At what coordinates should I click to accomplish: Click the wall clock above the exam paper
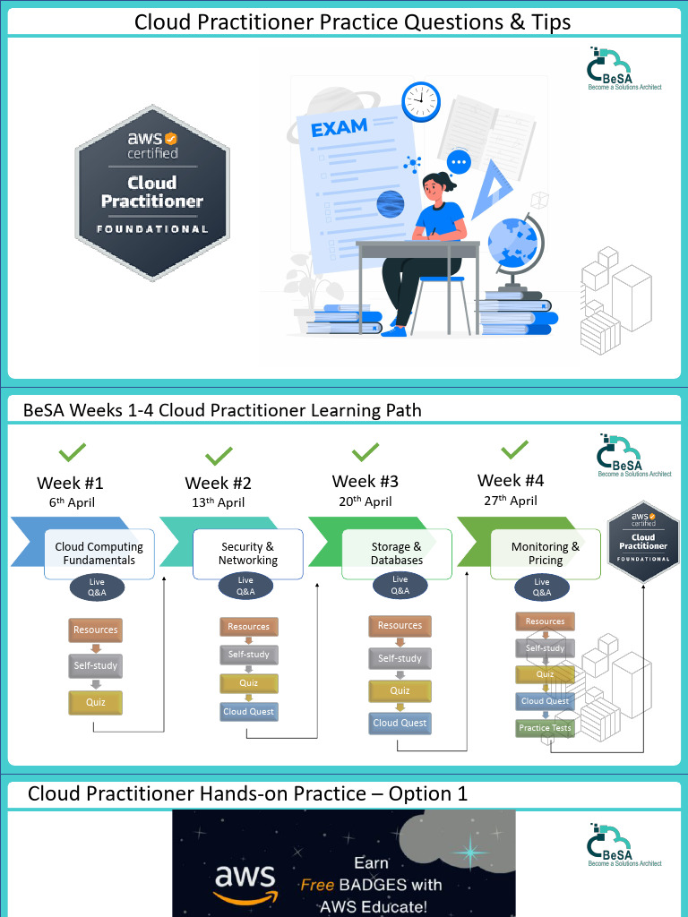coord(421,101)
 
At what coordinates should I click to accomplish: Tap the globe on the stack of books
coord(521,239)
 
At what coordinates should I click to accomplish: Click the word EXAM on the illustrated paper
coord(339,128)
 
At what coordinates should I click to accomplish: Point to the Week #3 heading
coord(365,482)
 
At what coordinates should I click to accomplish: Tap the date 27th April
coord(511,501)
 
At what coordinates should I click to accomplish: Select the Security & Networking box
coord(248,553)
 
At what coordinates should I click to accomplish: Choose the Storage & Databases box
coord(397,553)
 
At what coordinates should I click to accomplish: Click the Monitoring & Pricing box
coord(546,553)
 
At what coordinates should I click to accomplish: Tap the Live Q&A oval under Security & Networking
coord(245,587)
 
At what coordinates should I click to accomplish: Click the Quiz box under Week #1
coord(96,702)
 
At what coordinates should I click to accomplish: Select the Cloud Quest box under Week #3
coord(400,723)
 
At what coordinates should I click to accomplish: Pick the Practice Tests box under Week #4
coord(545,728)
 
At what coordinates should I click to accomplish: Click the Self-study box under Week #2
coord(249,655)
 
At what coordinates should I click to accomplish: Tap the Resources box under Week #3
coord(400,625)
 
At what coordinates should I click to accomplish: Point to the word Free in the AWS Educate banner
coord(317,885)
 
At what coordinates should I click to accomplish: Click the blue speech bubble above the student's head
coord(460,162)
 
